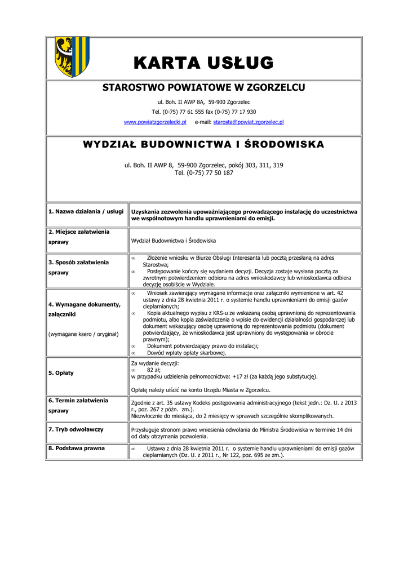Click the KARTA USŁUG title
(204, 63)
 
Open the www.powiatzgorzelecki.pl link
(155, 122)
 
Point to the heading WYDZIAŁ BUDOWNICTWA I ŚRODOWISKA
(203, 144)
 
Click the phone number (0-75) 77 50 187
(212, 173)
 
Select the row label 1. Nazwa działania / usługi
(86, 211)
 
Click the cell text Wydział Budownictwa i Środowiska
(174, 241)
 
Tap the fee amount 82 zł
(154, 370)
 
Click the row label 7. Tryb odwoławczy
(76, 429)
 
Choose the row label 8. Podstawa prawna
(77, 449)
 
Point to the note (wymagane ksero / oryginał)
(83, 334)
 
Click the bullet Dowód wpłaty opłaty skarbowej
(187, 353)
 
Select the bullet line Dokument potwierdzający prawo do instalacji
(203, 346)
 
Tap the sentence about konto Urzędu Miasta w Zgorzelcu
(201, 390)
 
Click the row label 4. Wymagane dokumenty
(85, 305)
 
